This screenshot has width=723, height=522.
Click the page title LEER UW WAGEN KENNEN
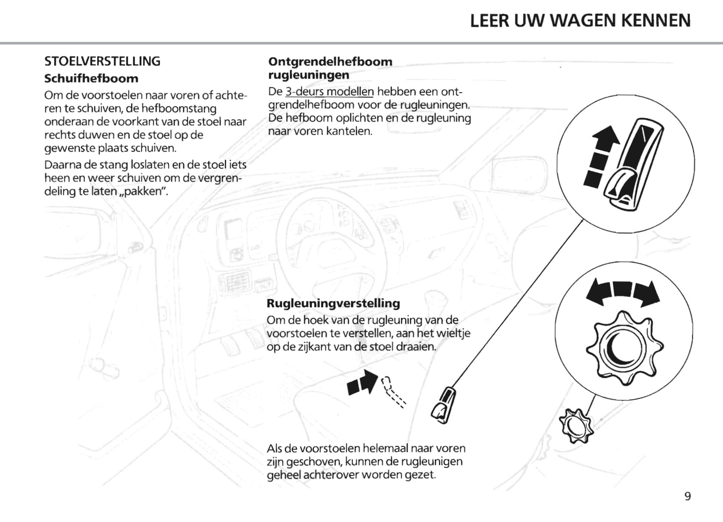pyautogui.click(x=580, y=21)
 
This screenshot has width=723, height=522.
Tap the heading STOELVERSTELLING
pyautogui.click(x=103, y=62)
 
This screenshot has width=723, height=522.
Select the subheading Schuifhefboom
pyautogui.click(x=91, y=79)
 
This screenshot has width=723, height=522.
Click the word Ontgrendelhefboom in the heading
pyautogui.click(x=330, y=62)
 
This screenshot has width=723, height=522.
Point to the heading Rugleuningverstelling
pyautogui.click(x=333, y=303)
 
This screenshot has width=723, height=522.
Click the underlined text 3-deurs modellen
pyautogui.click(x=329, y=92)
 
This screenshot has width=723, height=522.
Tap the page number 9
pyautogui.click(x=687, y=496)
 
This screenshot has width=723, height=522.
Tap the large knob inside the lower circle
pyautogui.click(x=624, y=346)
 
